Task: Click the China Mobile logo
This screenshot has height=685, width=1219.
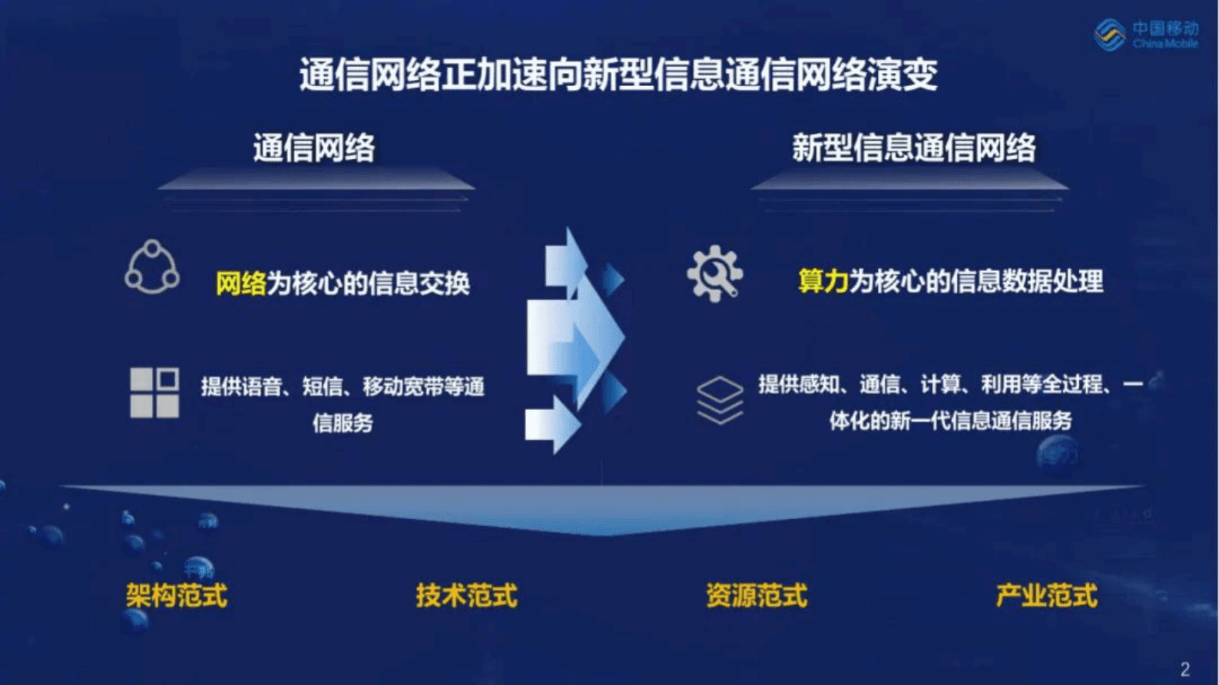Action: click(1145, 35)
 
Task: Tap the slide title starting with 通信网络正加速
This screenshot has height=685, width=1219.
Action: click(618, 75)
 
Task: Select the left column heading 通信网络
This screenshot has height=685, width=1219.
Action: click(314, 147)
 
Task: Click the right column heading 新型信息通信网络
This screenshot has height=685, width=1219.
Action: click(913, 147)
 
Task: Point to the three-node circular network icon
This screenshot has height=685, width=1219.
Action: click(152, 268)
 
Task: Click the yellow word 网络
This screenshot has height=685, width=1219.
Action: click(240, 284)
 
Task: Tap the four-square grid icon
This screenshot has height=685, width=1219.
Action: click(154, 392)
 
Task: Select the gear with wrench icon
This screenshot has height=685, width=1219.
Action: click(714, 273)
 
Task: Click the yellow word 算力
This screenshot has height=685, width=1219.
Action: click(823, 282)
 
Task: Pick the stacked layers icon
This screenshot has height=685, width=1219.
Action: click(720, 400)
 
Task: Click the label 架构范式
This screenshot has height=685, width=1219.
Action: click(177, 595)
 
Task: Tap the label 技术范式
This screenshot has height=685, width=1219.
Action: click(466, 595)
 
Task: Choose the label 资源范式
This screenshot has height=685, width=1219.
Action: click(757, 595)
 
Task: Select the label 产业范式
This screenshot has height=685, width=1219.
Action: click(1046, 595)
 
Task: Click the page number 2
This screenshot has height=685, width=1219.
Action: click(1185, 669)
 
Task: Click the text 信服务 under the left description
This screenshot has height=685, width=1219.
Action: click(343, 422)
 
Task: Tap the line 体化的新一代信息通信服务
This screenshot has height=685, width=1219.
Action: click(950, 421)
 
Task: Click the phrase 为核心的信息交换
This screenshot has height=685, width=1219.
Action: click(368, 284)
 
